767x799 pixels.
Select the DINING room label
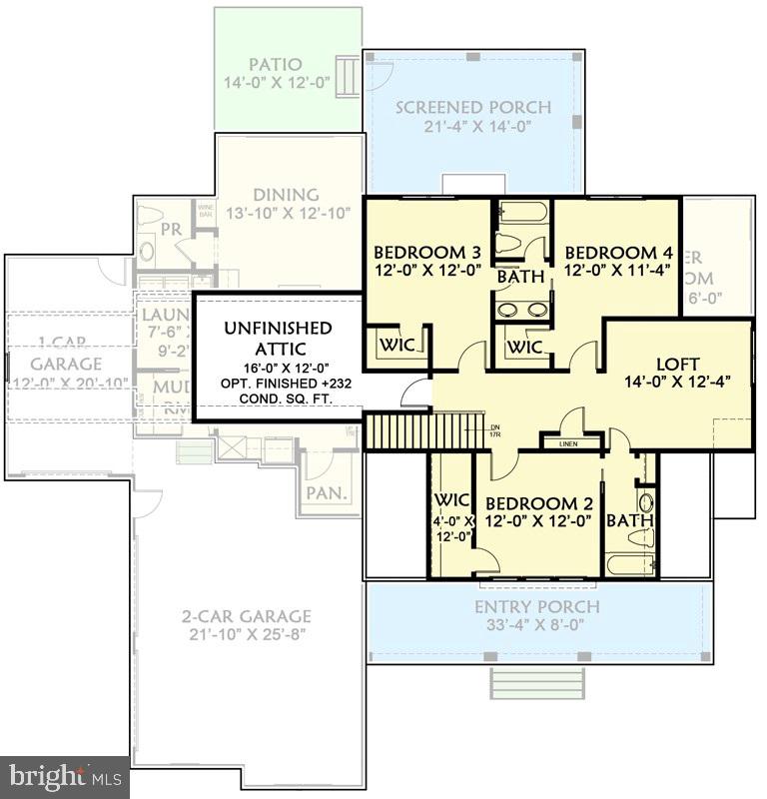click(x=286, y=195)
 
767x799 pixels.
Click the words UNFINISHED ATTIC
click(x=278, y=341)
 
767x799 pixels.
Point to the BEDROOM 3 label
click(x=419, y=253)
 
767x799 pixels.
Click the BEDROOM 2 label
click(x=530, y=503)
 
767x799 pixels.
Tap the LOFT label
click(x=677, y=364)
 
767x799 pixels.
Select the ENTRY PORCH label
click(x=536, y=606)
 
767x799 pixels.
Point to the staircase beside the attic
click(x=398, y=431)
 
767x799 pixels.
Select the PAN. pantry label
click(x=326, y=492)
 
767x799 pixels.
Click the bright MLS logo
click(x=64, y=776)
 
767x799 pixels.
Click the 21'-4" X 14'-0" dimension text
click(x=473, y=127)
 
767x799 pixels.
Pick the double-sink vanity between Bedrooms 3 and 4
click(x=523, y=309)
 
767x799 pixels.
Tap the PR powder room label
click(x=171, y=229)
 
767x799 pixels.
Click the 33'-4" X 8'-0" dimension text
click(x=537, y=626)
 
